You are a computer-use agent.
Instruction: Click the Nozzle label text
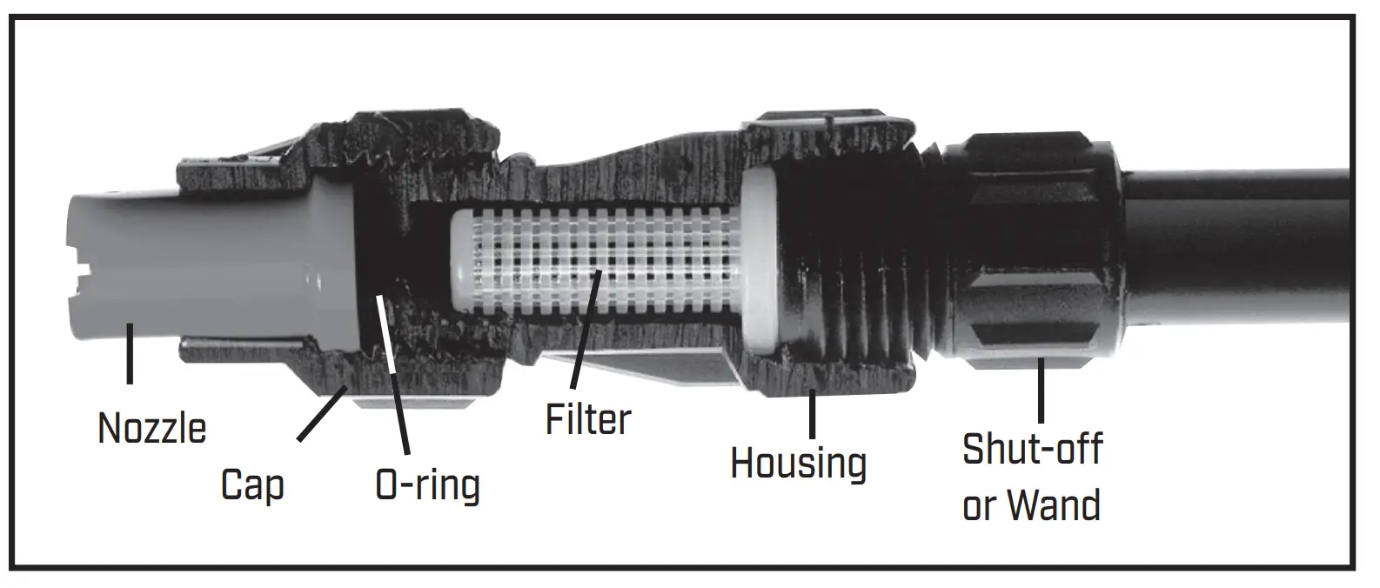pos(152,428)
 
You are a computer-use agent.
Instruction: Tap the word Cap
pos(252,484)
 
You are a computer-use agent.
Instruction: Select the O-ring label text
pos(427,485)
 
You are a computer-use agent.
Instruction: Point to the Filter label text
pos(588,418)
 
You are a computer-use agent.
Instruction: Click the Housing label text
pos(798,463)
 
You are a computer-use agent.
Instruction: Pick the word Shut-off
pos(1033,449)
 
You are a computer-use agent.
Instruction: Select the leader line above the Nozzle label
pos(130,353)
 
